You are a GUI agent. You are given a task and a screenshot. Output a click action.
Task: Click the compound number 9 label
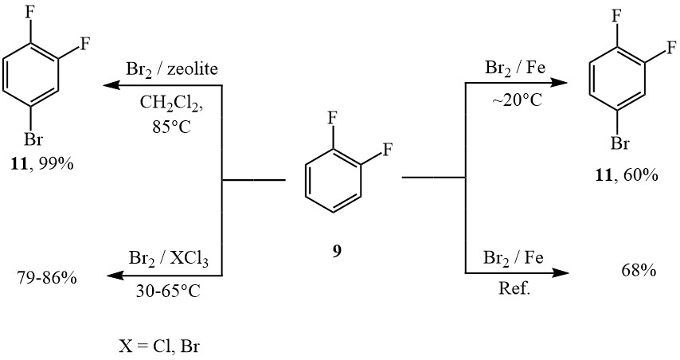pyautogui.click(x=337, y=252)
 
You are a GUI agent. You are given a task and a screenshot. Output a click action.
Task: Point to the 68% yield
pyautogui.click(x=639, y=271)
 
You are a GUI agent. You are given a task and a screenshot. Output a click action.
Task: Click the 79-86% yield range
pyautogui.click(x=47, y=277)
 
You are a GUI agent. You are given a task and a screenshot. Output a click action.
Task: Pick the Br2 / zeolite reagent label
pyautogui.click(x=172, y=69)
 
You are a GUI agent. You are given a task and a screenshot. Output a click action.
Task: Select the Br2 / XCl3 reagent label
pyautogui.click(x=169, y=260)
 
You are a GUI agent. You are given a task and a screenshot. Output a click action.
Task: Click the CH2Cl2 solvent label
pyautogui.click(x=172, y=104)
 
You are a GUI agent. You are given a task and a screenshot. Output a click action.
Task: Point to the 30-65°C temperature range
pyautogui.click(x=169, y=291)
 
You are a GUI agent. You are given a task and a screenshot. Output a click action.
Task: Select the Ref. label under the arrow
pyautogui.click(x=514, y=289)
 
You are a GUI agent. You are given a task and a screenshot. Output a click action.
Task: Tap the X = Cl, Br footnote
pyautogui.click(x=160, y=346)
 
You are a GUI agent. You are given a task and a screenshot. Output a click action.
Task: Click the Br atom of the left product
pyautogui.click(x=33, y=140)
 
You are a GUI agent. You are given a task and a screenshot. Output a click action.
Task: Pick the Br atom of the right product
pyautogui.click(x=619, y=143)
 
